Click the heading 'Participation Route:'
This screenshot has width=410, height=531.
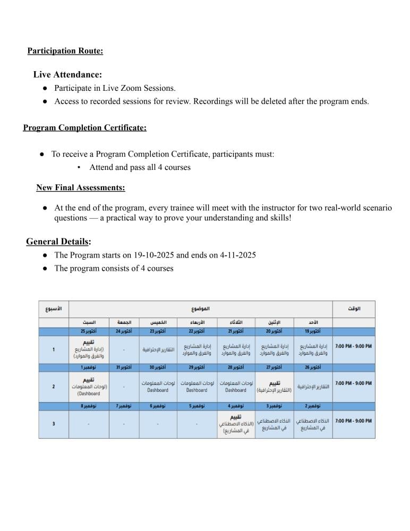pos(65,51)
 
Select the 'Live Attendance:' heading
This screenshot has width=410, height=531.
pos(67,75)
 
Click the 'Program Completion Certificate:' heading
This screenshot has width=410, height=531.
pos(85,128)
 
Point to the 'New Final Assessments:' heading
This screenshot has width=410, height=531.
pos(81,187)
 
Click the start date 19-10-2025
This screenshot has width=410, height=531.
pos(146,255)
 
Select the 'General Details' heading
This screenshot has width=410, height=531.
pos(57,242)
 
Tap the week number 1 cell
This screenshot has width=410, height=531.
pos(53,349)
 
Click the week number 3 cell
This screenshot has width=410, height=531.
pos(53,423)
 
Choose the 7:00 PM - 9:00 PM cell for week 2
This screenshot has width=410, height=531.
pos(353,383)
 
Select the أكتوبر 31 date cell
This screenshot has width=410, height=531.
pos(124,367)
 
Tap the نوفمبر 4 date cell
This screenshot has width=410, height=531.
pos(236,406)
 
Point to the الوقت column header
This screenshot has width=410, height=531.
pos(354,309)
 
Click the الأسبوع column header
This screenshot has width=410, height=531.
pos(53,309)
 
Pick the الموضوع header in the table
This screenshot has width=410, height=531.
pos(200,309)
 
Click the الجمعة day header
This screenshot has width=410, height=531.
pos(124,322)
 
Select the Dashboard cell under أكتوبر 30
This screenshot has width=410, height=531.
pos(158,386)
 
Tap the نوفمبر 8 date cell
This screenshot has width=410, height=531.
pos(88,406)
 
